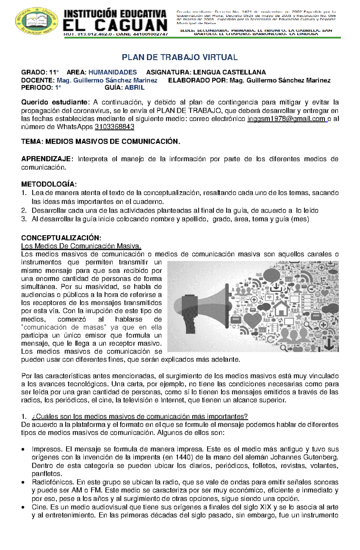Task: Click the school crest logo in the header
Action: tap(37, 21)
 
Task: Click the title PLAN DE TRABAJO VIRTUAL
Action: tap(179, 57)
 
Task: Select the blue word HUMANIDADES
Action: tap(112, 72)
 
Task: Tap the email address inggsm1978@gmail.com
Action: tap(286, 119)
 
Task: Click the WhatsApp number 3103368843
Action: tap(114, 127)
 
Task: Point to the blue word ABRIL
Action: tap(134, 88)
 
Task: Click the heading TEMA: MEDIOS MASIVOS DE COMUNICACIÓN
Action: tap(100, 141)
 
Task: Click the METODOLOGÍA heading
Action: tap(49, 184)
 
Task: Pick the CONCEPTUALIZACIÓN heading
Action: tap(61, 238)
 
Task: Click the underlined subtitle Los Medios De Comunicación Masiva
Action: tap(81, 246)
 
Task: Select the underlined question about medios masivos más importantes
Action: tap(139, 417)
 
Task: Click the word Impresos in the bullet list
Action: tap(47, 449)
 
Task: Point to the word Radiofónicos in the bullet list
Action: tap(52, 482)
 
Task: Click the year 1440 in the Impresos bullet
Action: tap(182, 457)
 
